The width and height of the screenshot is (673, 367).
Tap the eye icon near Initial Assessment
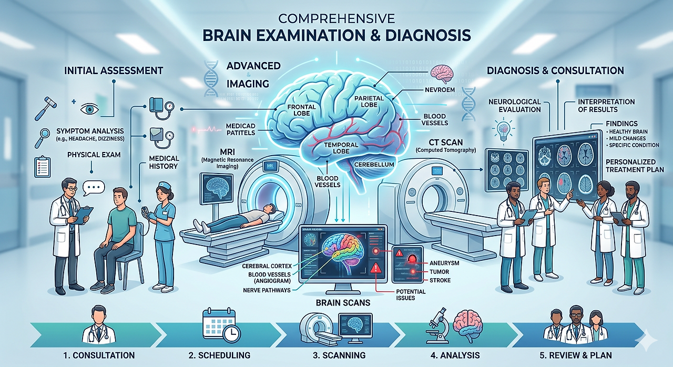[x=89, y=109]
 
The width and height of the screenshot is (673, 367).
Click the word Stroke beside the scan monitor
[x=440, y=280]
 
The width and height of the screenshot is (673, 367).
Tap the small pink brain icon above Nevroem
[x=440, y=73]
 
